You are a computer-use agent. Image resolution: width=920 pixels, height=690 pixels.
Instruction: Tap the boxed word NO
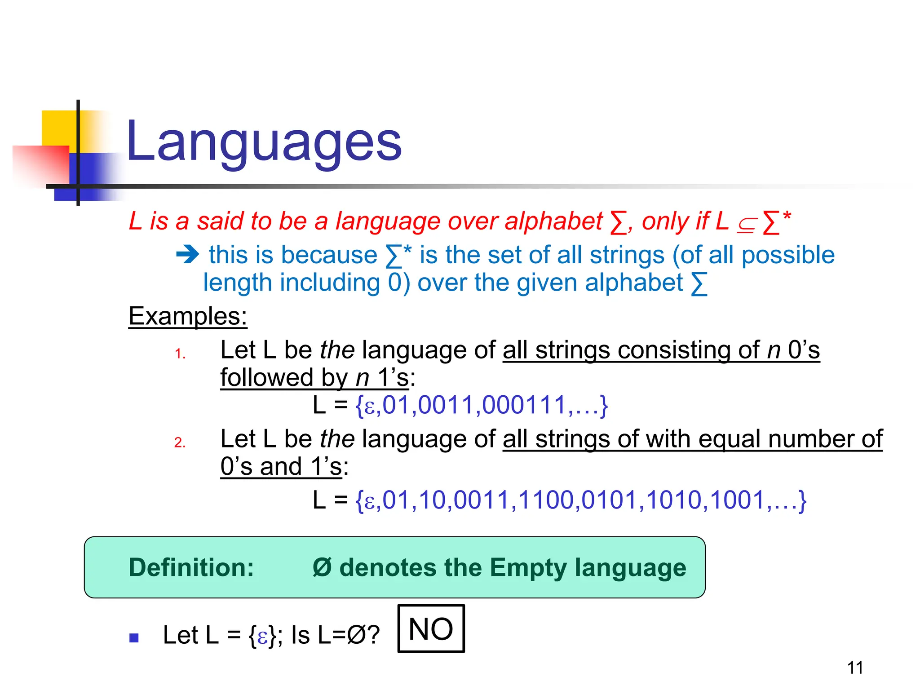(x=431, y=629)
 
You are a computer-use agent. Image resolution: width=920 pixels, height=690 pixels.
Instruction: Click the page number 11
(x=855, y=668)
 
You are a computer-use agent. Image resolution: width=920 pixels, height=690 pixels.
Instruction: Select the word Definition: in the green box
(x=191, y=567)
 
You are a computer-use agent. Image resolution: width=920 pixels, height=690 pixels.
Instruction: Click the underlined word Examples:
(x=188, y=316)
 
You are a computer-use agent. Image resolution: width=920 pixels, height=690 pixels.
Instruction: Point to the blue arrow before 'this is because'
(x=187, y=255)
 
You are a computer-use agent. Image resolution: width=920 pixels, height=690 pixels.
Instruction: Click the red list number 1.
(x=180, y=354)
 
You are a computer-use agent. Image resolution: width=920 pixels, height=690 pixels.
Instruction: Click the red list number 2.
(x=180, y=442)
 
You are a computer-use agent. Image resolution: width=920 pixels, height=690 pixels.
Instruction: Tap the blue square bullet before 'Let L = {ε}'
(x=134, y=638)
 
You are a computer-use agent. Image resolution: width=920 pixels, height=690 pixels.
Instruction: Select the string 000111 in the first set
(x=523, y=405)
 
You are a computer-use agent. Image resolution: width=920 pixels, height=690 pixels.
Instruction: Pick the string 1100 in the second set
(x=548, y=500)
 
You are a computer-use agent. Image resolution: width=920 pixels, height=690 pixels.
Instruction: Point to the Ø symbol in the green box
(x=322, y=567)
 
